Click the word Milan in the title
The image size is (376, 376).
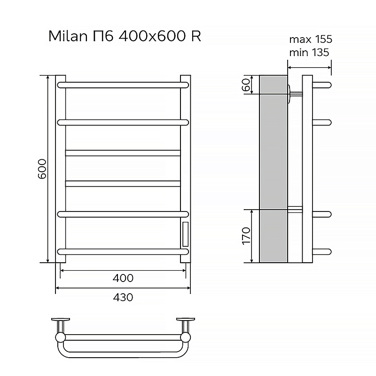click(x=68, y=36)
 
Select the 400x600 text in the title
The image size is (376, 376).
click(x=152, y=36)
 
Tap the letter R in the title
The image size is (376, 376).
click(x=196, y=36)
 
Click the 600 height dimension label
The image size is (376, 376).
click(x=42, y=169)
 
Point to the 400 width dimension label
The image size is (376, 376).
click(x=123, y=278)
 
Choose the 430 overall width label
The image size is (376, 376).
click(x=123, y=298)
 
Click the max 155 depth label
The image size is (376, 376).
click(x=311, y=39)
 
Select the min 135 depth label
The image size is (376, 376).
click(x=309, y=52)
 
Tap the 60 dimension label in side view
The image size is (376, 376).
click(x=246, y=85)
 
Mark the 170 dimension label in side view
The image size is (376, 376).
click(x=246, y=236)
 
